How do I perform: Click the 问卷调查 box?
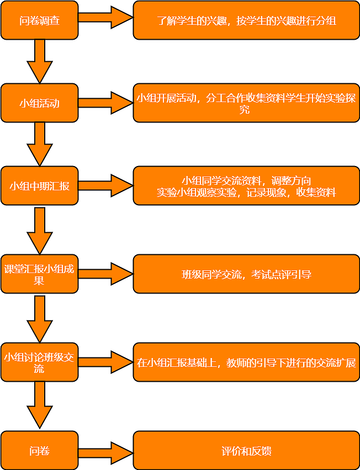(39, 20)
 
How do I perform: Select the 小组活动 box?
(39, 103)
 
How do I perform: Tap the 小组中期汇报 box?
(39, 185)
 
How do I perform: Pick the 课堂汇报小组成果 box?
(39, 274)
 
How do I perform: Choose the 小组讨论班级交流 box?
(39, 362)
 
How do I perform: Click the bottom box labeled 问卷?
(39, 451)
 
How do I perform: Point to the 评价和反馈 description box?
(246, 451)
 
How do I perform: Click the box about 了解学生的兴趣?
(246, 20)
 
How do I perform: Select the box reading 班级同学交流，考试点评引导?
(246, 274)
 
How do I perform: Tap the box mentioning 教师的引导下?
(246, 362)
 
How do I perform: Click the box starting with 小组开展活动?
(246, 103)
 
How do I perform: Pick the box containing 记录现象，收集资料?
(246, 185)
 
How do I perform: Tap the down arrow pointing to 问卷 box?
(40, 405)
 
